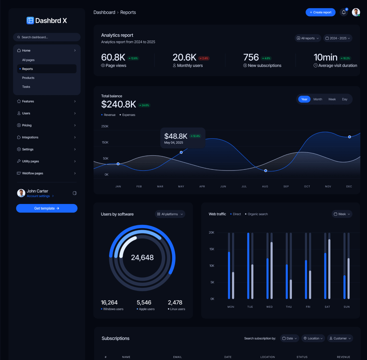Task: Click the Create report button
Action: click(320, 12)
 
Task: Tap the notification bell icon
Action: click(343, 12)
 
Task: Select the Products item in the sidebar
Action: click(28, 78)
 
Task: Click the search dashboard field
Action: click(47, 37)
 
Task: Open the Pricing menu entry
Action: click(27, 125)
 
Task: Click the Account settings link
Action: click(38, 196)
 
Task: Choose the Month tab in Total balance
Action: click(318, 99)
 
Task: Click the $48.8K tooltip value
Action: click(176, 136)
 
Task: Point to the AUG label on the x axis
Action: click(265, 187)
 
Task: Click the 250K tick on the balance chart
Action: click(105, 126)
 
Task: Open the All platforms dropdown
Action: click(170, 214)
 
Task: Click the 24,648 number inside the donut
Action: click(142, 258)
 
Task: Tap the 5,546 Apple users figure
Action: click(144, 303)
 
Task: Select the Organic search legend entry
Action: click(257, 214)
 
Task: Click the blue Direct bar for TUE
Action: click(248, 266)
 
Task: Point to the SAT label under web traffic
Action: click(327, 307)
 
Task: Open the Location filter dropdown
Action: click(313, 338)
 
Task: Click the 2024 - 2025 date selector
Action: click(338, 38)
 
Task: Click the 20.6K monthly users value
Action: click(184, 57)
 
